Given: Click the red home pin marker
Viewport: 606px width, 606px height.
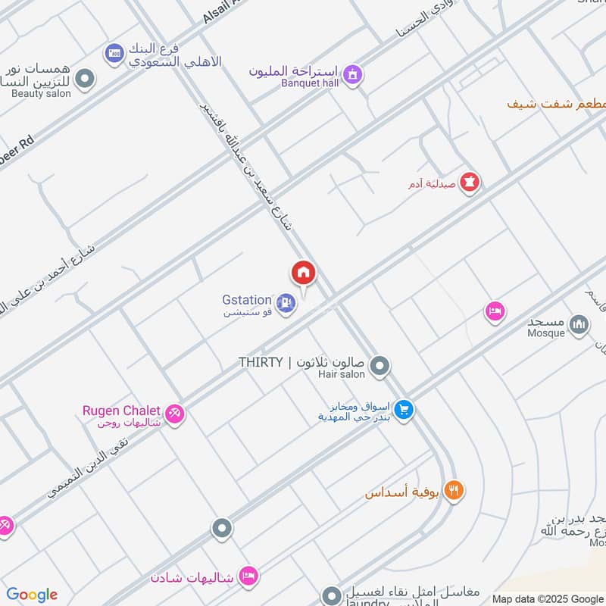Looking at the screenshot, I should [x=304, y=273].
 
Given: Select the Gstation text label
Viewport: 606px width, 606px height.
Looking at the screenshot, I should [x=247, y=300].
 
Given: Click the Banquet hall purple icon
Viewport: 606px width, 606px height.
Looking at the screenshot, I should [x=351, y=74].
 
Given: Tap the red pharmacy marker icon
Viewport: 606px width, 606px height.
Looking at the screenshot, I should [x=470, y=183].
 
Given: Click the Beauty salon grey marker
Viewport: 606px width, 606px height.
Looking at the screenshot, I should [x=85, y=78].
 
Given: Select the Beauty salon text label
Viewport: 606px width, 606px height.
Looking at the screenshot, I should [x=41, y=94].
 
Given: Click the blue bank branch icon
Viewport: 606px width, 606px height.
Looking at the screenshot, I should [x=114, y=52].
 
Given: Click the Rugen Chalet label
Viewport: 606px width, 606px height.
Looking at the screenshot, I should [x=121, y=411].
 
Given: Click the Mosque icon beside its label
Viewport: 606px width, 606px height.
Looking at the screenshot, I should [x=579, y=325].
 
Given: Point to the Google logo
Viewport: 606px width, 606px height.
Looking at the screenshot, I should [x=32, y=595].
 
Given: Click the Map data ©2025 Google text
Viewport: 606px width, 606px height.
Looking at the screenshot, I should [x=548, y=598].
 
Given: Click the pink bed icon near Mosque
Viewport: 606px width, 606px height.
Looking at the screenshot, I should [x=495, y=311].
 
